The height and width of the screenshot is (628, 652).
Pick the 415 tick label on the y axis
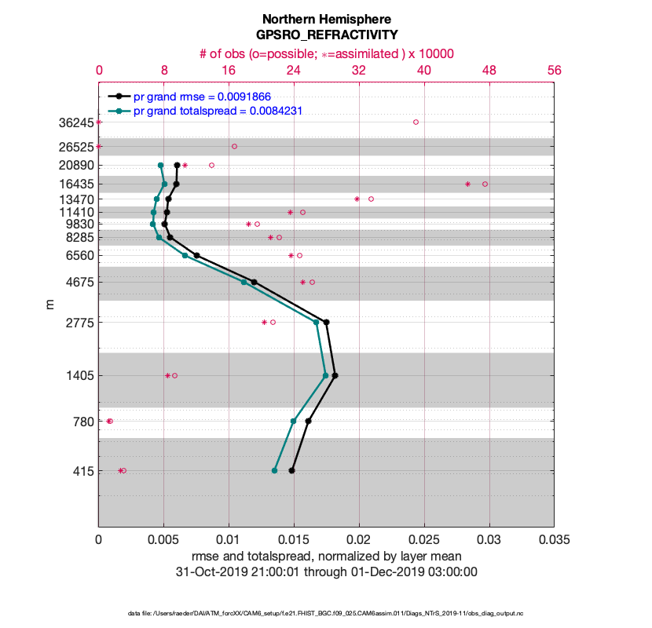click(x=79, y=471)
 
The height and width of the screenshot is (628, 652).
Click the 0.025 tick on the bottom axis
click(x=424, y=540)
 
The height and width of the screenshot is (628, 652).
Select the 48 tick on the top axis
click(x=489, y=70)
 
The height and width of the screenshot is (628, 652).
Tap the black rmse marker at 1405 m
click(x=335, y=375)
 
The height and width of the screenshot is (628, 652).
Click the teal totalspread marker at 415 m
click(x=274, y=470)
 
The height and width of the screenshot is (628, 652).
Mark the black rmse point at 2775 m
click(x=326, y=322)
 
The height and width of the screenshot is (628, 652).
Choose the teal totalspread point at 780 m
click(x=293, y=421)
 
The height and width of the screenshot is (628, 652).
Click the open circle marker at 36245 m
click(x=416, y=122)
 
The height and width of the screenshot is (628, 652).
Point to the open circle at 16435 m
click(x=485, y=184)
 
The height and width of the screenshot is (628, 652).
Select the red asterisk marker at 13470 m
click(x=357, y=199)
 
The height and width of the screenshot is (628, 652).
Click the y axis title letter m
click(x=49, y=303)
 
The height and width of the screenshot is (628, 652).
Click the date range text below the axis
click(x=327, y=571)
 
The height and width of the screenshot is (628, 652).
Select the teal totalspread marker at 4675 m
click(x=244, y=282)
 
